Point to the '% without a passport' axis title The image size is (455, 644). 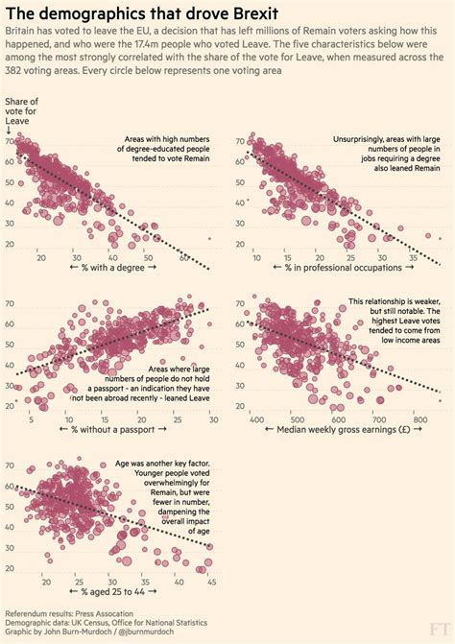point(115,432)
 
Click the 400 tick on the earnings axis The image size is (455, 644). point(257,419)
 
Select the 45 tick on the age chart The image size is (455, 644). point(210,582)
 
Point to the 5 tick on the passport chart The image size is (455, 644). point(32,419)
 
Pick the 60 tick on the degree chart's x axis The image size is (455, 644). point(183,258)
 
